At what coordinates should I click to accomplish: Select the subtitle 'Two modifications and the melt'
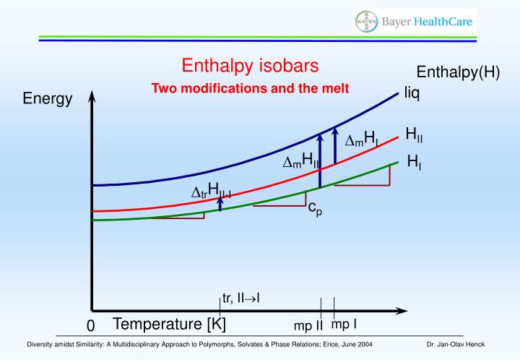point(250,88)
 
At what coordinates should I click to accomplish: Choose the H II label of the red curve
point(415,134)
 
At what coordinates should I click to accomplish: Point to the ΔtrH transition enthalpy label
point(210,192)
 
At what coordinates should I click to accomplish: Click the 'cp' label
point(315,208)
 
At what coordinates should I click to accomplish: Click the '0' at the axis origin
point(90,327)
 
